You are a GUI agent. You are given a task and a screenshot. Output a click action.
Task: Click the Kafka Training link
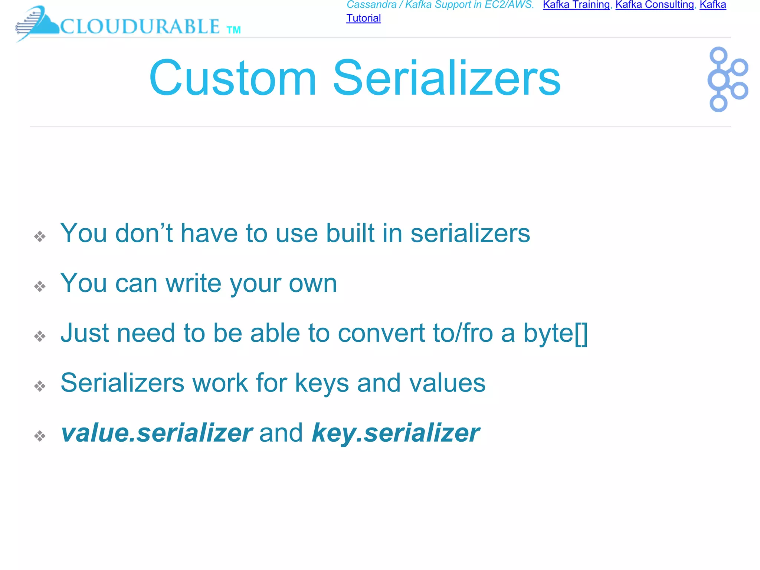coord(576,5)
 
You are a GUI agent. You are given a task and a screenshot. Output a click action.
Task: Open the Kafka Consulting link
coord(655,5)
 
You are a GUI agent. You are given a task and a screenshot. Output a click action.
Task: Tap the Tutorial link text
coord(363,18)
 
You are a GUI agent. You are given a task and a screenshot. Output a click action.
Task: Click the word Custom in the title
coord(233,78)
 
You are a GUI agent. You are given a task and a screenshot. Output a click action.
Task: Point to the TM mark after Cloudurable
coord(233,30)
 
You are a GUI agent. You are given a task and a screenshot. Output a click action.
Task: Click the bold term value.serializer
coord(156,433)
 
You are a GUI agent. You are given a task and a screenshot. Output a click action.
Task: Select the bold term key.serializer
coord(396,433)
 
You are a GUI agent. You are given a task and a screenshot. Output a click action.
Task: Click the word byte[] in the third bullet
coord(555,333)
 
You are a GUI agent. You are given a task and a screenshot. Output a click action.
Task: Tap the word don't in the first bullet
coord(144,233)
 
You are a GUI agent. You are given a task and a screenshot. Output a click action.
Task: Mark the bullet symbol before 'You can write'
coord(40,286)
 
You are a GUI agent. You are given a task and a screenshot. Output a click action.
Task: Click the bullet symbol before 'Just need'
coord(40,336)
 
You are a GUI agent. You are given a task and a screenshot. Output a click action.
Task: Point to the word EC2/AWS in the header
coord(509,5)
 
